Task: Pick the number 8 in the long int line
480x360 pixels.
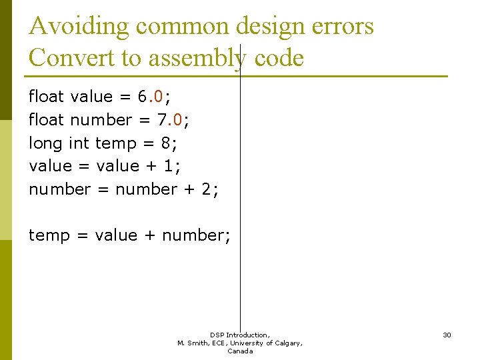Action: click(165, 143)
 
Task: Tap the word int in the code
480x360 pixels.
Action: click(79, 143)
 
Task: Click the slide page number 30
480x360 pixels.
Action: click(447, 335)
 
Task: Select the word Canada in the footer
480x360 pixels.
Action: click(240, 351)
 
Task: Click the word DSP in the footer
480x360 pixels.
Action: click(217, 335)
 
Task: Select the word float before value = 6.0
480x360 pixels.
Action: click(46, 97)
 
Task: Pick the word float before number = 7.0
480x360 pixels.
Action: click(46, 120)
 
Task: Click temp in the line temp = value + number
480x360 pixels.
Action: click(49, 235)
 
